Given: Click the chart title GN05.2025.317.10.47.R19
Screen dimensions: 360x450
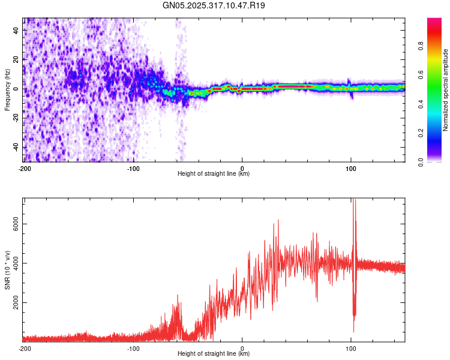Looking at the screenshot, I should pos(214,5).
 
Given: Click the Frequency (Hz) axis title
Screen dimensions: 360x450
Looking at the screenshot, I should pos(7,90).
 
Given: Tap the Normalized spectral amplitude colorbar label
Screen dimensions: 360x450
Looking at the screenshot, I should pos(446,90).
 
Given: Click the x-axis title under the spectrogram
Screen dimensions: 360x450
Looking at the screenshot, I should pos(214,173).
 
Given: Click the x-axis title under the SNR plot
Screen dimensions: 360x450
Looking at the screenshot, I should pos(214,353).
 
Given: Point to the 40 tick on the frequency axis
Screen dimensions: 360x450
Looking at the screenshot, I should pos(17,29).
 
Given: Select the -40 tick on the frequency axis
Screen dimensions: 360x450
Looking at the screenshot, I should pos(16,148).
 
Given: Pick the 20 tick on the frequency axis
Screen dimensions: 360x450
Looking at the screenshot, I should pos(17,59).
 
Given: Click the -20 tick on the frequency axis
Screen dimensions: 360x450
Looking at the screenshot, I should pos(16,118).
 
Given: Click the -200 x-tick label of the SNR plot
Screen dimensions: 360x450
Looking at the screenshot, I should pos(24,348).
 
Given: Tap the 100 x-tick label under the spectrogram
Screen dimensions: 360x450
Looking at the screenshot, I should pos(351,168).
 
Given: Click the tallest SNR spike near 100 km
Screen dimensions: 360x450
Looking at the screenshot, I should pos(354,202).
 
